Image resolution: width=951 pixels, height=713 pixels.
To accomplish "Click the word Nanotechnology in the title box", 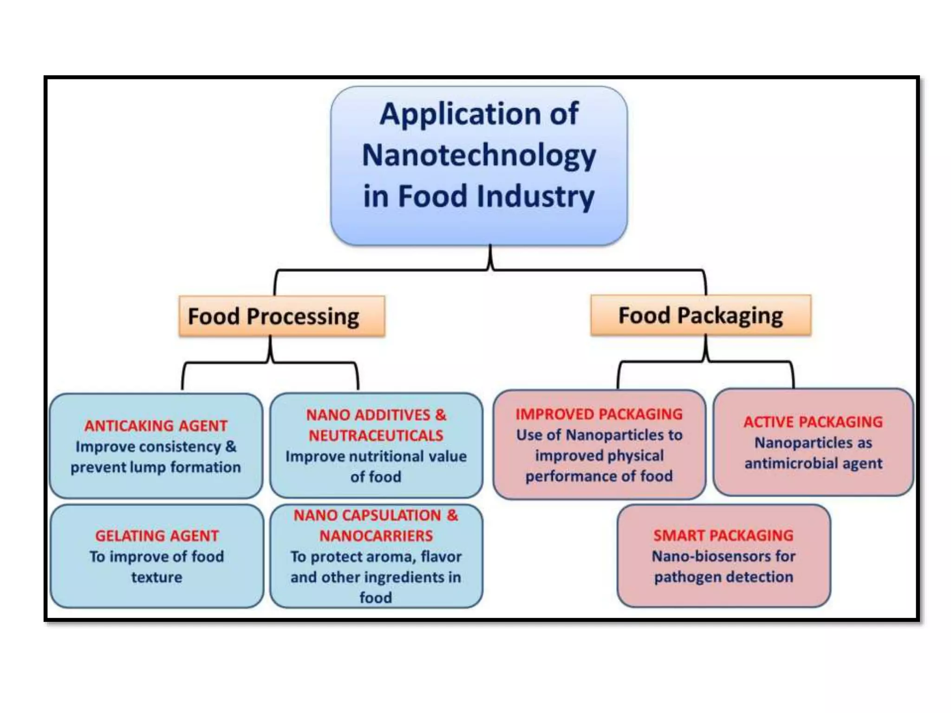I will coord(478,156).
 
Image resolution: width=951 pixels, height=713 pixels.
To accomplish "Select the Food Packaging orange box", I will coord(700,315).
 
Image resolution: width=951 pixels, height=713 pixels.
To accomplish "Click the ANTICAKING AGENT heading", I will coord(156,425).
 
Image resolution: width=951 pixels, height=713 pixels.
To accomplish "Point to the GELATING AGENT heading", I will coord(156,535).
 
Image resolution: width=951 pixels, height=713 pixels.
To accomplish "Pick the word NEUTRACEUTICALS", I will coord(376,435).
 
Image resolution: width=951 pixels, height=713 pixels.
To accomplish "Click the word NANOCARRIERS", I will coord(376,536).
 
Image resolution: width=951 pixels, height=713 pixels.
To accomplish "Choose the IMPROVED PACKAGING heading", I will coord(599,414).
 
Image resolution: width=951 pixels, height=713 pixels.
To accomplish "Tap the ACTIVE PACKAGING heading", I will coord(813,421).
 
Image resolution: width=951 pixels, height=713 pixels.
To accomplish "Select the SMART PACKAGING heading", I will coord(723,535).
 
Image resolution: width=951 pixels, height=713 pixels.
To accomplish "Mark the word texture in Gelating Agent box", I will coord(156,577).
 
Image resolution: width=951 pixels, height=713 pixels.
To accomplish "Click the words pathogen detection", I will coord(723,577).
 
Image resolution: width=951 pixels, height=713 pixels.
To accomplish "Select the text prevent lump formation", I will coord(156,467).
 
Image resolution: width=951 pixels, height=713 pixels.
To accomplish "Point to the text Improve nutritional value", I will coord(376,456).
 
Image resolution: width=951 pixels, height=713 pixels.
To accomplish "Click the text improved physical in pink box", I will coord(599,455).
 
